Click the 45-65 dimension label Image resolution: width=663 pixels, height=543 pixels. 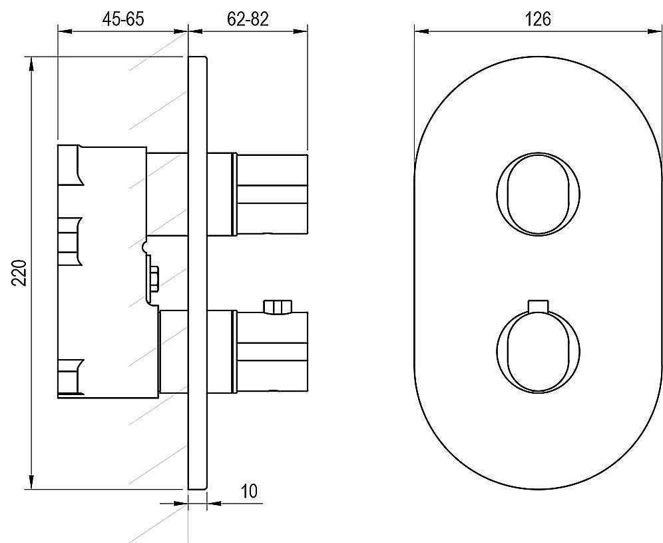click(x=123, y=19)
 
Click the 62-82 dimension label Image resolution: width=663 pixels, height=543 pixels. click(x=248, y=19)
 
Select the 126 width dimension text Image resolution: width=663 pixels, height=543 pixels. click(x=538, y=19)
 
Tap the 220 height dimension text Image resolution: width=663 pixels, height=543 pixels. click(x=19, y=273)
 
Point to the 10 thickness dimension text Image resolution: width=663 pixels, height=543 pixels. click(x=249, y=492)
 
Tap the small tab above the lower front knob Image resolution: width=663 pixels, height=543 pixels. click(x=539, y=306)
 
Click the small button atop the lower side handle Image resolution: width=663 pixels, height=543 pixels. click(x=278, y=307)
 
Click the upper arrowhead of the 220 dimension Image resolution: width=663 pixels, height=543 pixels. click(x=31, y=65)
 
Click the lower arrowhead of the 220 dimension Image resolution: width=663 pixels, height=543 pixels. click(x=31, y=481)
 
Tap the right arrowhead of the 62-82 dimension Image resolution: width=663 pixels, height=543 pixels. click(x=300, y=31)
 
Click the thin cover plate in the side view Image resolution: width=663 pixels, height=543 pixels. click(x=198, y=273)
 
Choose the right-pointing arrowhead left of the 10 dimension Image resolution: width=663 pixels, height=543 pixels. click(x=180, y=503)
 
